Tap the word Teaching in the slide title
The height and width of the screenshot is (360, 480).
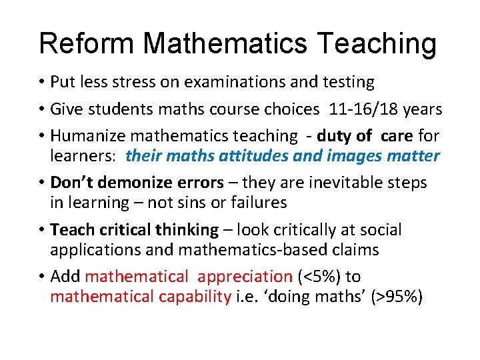point(377,44)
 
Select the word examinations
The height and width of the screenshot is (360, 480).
point(229,83)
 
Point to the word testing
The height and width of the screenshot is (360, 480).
point(341,83)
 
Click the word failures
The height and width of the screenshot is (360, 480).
point(255,203)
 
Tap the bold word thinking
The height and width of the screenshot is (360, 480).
point(187,230)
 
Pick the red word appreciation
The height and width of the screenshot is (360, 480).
point(245,277)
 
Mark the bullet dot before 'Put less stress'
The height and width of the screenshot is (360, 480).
point(41,83)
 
